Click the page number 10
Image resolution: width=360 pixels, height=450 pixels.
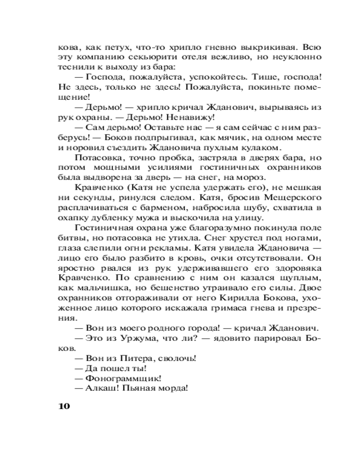64,406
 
